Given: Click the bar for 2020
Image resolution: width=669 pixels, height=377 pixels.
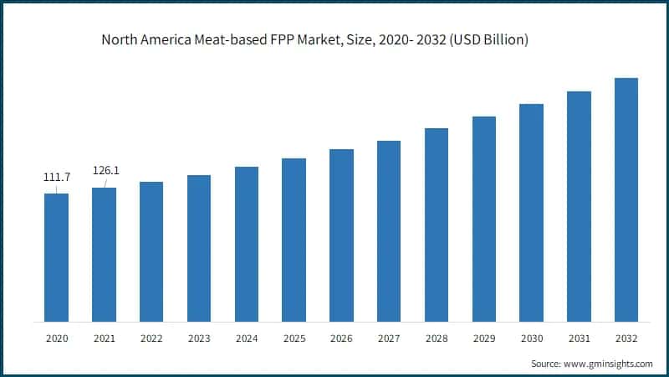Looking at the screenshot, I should pos(56,257).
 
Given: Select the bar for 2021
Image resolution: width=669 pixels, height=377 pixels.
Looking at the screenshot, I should pos(104,255).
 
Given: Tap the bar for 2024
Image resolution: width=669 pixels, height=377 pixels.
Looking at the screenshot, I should pos(246,244).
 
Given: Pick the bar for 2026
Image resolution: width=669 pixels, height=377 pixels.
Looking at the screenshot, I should pos(341,235).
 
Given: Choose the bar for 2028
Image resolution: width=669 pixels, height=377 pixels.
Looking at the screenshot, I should pos(437,225).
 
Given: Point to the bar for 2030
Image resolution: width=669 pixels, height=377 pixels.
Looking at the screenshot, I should pos(531,213).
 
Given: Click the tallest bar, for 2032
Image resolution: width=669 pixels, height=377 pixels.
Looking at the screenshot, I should pos(626,199).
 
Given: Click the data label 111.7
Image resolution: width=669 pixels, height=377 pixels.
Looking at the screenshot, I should pos(56,178).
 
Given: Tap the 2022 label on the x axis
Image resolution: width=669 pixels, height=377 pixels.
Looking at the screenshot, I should pos(151,338).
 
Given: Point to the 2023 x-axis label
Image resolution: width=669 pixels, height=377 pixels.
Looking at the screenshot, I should pos(199,338).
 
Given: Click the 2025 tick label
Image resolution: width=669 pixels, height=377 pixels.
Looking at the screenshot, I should pos(294,338).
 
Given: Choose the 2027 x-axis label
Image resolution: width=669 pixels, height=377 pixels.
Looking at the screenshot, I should pos(389,338).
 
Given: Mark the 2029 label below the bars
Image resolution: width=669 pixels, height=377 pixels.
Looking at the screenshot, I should pos(483,338).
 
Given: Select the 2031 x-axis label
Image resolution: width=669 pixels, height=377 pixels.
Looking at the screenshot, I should pos(579,338).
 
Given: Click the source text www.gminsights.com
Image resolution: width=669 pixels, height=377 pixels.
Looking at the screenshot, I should pos(610,364).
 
